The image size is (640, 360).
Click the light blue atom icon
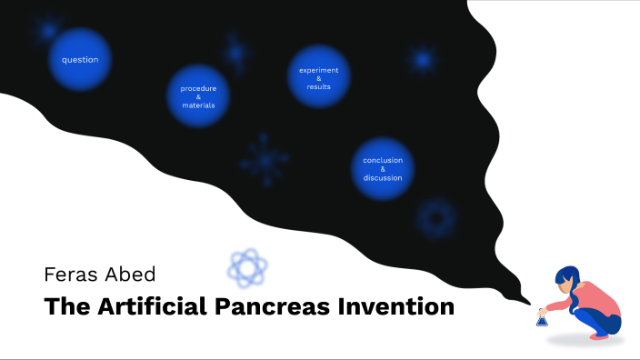247,267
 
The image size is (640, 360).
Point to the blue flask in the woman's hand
542,318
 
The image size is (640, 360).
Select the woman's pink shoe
600,335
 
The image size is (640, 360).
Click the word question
80,60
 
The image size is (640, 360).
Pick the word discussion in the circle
383,178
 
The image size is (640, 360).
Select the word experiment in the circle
319,70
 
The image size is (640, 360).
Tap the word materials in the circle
198,105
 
